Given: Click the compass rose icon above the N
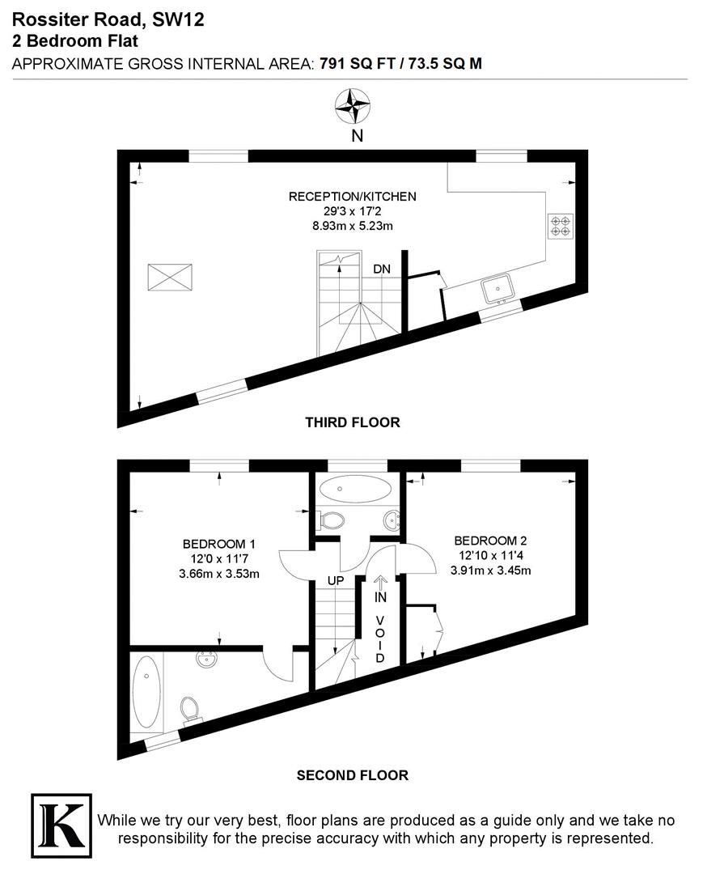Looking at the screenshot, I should [353, 104].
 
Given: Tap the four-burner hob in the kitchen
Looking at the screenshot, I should [560, 226].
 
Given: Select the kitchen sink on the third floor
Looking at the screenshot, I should [497, 287].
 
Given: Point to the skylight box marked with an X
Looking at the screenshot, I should [170, 277].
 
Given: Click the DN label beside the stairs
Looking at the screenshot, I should [382, 269].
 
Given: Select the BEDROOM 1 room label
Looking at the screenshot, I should [220, 544].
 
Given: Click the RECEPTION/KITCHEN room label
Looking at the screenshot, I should [353, 196].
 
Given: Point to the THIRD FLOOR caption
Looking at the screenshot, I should [352, 422].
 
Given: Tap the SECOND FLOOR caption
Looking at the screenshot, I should [352, 774].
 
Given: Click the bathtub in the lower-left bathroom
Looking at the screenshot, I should [146, 691].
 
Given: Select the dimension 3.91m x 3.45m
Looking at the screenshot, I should [491, 570].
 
